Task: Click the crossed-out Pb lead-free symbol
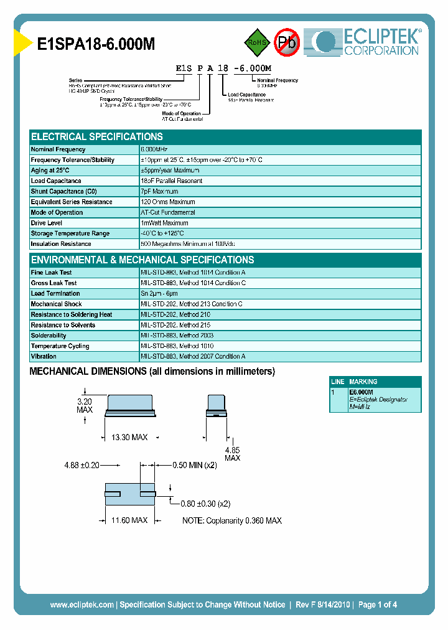[x=287, y=42]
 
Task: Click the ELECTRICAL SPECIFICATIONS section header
[x=97, y=136]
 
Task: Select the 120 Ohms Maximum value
[x=168, y=202]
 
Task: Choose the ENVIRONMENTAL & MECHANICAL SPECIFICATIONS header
[x=142, y=260]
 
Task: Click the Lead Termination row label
[x=55, y=293]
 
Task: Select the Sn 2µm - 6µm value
[x=159, y=293]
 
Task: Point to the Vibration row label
[x=44, y=357]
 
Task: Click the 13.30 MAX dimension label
[x=129, y=438]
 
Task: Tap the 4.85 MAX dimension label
[x=232, y=454]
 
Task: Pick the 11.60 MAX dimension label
[x=129, y=520]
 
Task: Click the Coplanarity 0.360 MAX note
[x=231, y=520]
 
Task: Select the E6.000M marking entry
[x=361, y=392]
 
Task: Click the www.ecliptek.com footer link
[x=82, y=604]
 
